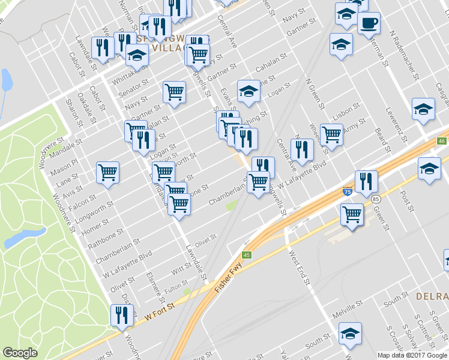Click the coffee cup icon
pyautogui.click(x=368, y=24)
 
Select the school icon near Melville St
pyautogui.click(x=350, y=334)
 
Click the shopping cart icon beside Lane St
pyautogui.click(x=108, y=173)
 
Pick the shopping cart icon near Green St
pyautogui.click(x=352, y=214)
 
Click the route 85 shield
pyautogui.click(x=376, y=198)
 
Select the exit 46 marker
pyautogui.click(x=442, y=140)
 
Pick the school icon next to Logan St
pyautogui.click(x=248, y=91)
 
